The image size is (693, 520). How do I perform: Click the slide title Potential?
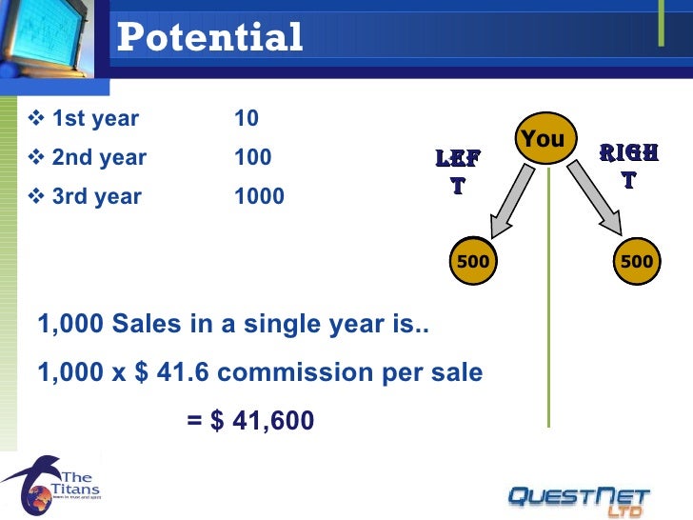[x=209, y=38]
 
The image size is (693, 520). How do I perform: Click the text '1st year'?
[x=95, y=119]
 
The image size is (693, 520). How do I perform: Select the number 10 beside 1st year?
[x=247, y=119]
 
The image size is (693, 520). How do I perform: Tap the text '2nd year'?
[x=99, y=157]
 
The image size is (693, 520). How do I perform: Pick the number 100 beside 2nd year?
[x=253, y=157]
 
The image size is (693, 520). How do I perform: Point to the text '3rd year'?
[x=96, y=196]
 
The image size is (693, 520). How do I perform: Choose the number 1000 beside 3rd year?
[x=259, y=196]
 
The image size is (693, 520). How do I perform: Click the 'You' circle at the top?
[x=544, y=140]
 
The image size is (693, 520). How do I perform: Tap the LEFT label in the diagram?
[x=458, y=171]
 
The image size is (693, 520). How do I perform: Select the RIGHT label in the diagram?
[x=629, y=167]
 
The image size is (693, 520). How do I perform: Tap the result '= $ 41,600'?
[x=250, y=420]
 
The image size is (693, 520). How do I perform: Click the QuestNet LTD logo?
[x=579, y=497]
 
